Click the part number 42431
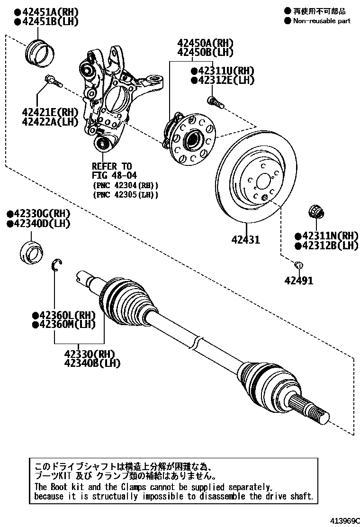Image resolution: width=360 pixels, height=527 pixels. coord(245,240)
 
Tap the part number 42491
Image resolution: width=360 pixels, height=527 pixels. coord(298,281)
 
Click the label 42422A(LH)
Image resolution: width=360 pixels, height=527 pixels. coord(50,122)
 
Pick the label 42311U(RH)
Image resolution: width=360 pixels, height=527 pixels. coord(225,71)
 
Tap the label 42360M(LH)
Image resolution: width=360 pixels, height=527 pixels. coord(67,325)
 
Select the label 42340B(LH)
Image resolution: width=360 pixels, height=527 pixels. coord(92,363)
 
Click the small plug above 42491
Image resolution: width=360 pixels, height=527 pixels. coord(298,264)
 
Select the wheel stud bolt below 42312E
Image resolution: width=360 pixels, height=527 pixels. coord(214,101)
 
